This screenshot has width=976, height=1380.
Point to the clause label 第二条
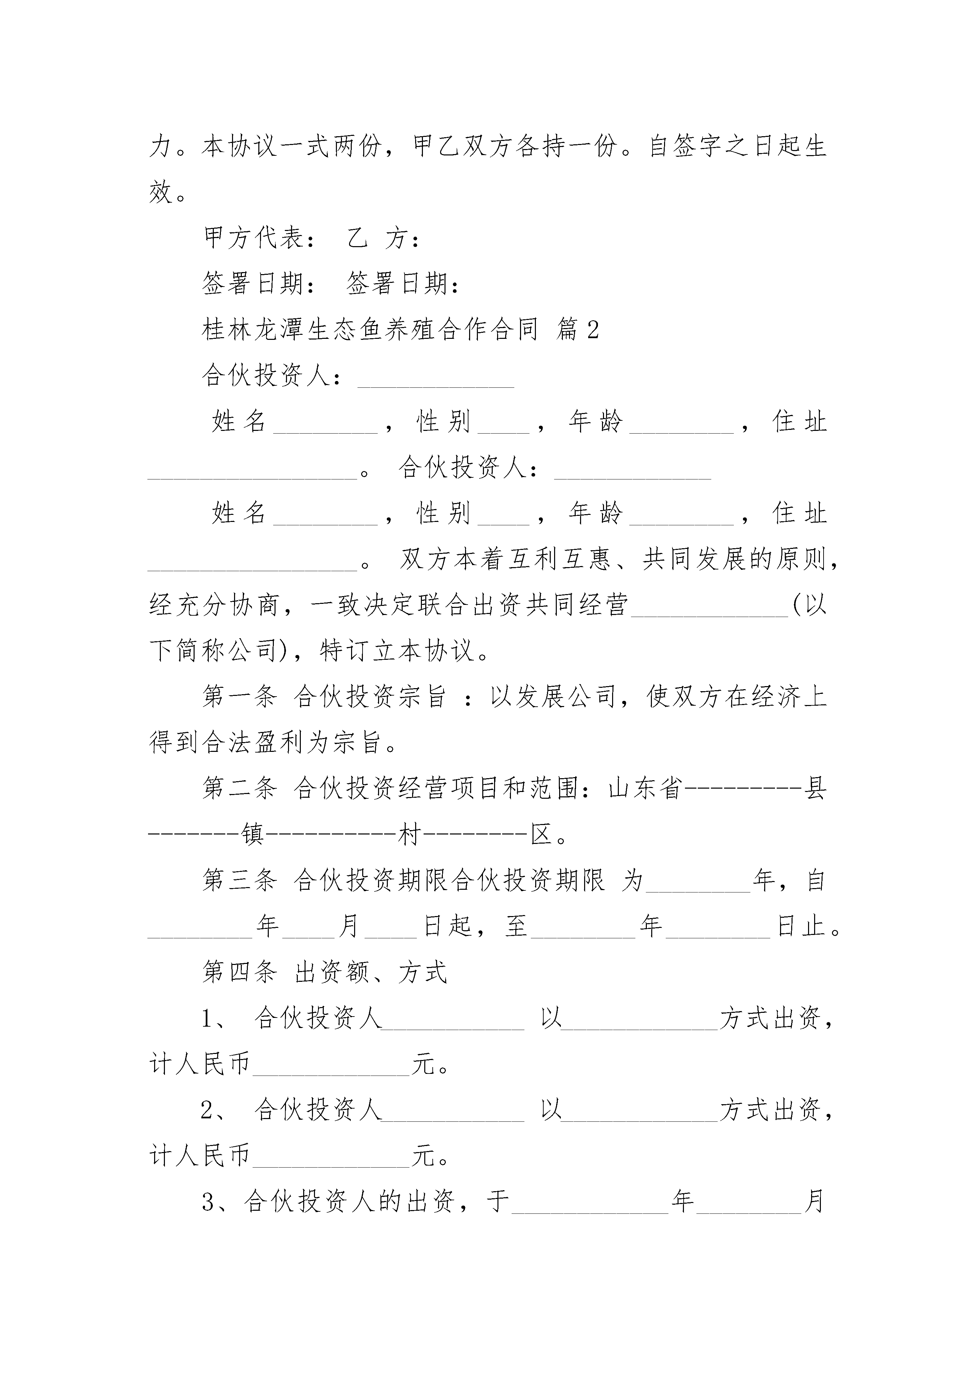pyautogui.click(x=239, y=789)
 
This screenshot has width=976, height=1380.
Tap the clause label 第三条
pyautogui.click(x=239, y=881)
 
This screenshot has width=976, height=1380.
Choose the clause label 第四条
pyautogui.click(x=239, y=972)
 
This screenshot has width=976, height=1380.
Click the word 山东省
pyautogui.click(x=645, y=789)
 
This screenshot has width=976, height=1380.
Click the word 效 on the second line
pyautogui.click(x=161, y=192)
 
